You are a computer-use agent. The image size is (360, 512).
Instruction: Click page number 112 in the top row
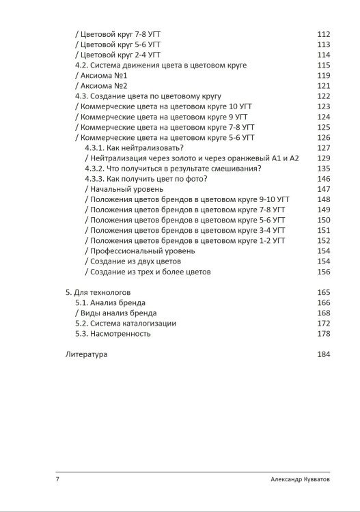(x=324, y=34)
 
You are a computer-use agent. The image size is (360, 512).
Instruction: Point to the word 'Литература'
(x=87, y=354)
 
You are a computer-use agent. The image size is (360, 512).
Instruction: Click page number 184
(x=324, y=354)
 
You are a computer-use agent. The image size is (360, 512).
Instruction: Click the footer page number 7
(x=57, y=480)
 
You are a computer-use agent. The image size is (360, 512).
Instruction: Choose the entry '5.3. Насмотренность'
(x=113, y=334)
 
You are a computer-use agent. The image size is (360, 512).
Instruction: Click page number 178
(x=324, y=334)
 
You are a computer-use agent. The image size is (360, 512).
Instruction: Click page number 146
(x=324, y=179)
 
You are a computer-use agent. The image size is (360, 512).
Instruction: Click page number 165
(x=324, y=292)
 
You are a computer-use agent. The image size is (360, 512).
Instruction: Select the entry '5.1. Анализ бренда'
(x=111, y=302)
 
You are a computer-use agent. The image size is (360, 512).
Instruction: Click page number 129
(x=324, y=158)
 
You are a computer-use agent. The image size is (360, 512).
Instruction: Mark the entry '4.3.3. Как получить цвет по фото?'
(x=146, y=179)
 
